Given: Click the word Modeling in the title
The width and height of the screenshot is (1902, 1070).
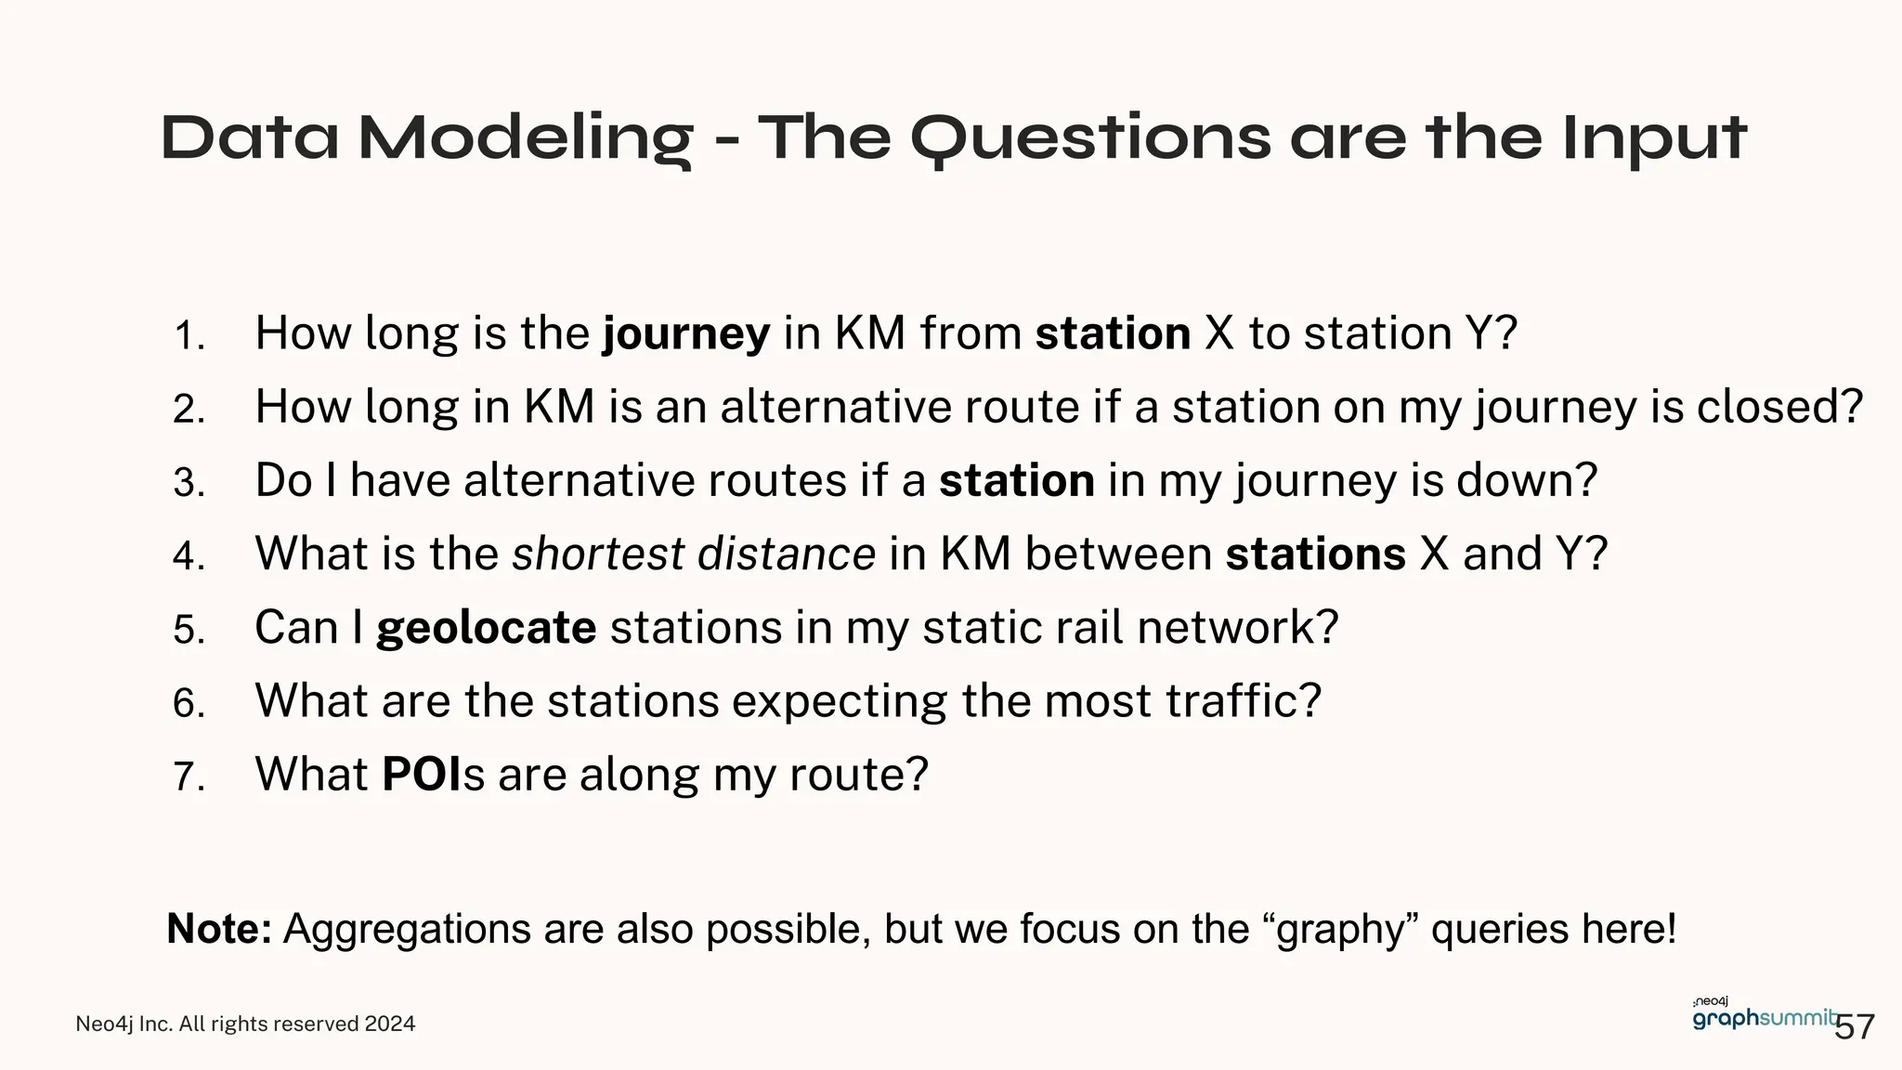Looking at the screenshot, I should [x=526, y=138].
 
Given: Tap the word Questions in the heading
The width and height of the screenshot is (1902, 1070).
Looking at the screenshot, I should [x=1089, y=138].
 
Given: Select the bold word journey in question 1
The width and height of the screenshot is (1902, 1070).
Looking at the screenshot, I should [x=686, y=334].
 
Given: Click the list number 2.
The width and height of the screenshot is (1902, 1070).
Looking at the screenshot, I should [x=189, y=410].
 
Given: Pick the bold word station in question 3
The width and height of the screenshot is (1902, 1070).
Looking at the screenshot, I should [x=1017, y=481].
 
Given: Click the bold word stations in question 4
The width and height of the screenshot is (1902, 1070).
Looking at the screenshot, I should [x=1315, y=555].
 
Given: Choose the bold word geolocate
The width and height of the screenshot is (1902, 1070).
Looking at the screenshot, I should [x=486, y=628].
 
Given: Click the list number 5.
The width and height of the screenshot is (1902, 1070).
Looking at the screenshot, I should [x=189, y=630].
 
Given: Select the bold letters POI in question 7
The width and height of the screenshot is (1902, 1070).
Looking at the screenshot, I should [x=422, y=775].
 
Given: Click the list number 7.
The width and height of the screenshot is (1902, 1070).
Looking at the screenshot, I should [x=189, y=776].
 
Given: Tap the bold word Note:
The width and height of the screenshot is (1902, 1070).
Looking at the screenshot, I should [x=219, y=929].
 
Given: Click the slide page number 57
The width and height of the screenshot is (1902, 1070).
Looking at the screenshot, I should [x=1856, y=1027].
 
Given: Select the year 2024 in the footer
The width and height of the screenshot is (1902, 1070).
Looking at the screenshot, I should [x=390, y=1024].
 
